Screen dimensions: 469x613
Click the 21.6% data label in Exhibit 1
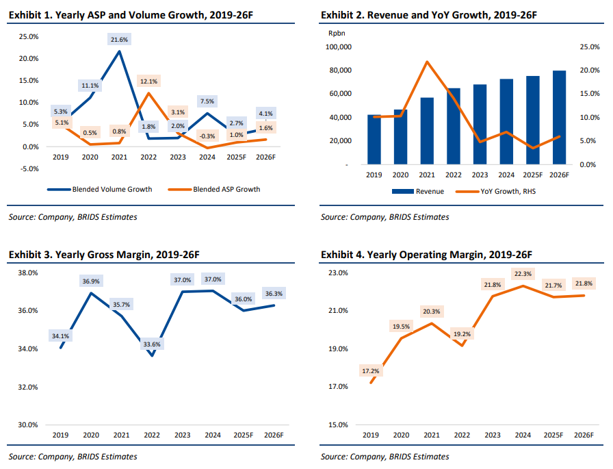coord(120,40)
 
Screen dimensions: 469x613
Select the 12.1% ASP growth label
coord(148,81)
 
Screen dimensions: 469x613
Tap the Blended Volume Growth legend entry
coord(112,189)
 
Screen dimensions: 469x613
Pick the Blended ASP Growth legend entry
coord(226,189)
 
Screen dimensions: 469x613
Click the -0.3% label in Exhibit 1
coord(207,136)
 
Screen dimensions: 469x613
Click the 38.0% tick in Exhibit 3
coord(28,272)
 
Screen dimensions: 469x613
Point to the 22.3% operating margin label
coord(522,275)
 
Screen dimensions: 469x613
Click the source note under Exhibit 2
coord(384,217)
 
